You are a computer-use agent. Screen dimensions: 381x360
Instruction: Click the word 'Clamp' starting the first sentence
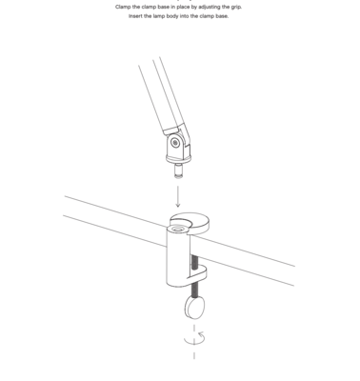pyautogui.click(x=123, y=7)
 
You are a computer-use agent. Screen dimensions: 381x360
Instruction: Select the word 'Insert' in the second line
pyautogui.click(x=136, y=16)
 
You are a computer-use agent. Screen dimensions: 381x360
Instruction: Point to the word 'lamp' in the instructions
pyautogui.click(x=163, y=16)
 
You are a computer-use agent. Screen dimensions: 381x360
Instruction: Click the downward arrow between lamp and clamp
pyautogui.click(x=178, y=197)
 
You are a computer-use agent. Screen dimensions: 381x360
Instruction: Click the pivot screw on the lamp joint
pyautogui.click(x=175, y=143)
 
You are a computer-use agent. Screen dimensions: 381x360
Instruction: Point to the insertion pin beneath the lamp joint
pyautogui.click(x=178, y=171)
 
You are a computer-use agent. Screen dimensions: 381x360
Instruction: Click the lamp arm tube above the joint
pyautogui.click(x=157, y=95)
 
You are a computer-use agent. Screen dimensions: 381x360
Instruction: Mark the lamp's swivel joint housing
pyautogui.click(x=176, y=149)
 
